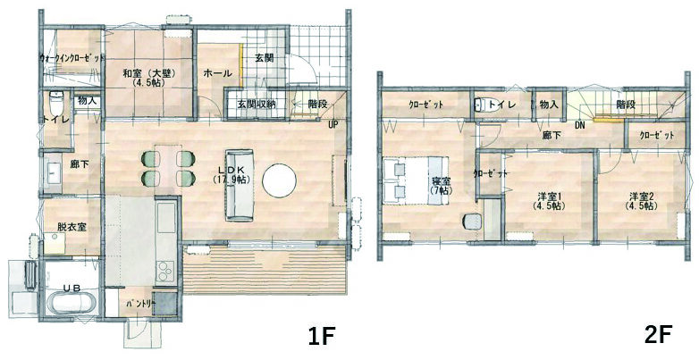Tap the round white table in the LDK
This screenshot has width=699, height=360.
[x=280, y=180]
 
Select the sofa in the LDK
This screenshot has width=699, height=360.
[x=240, y=185]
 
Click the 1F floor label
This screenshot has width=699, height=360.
[x=321, y=337]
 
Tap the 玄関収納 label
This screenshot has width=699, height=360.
[x=256, y=105]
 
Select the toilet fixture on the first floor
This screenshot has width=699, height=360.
[x=55, y=104]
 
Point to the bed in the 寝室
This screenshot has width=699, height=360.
[x=416, y=180]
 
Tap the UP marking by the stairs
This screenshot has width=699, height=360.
[x=333, y=125]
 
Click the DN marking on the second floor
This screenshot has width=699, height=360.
[x=579, y=125]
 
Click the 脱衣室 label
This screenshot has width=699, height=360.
[x=72, y=227]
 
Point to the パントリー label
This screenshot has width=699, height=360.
[x=140, y=304]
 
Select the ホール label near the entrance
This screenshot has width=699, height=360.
[x=218, y=73]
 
